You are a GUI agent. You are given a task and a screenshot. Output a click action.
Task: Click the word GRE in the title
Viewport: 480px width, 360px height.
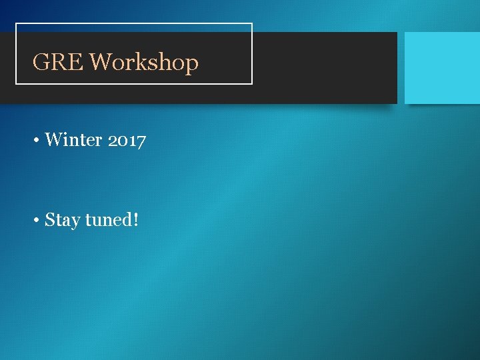point(58,62)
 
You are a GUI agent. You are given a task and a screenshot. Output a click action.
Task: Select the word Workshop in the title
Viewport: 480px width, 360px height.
point(144,62)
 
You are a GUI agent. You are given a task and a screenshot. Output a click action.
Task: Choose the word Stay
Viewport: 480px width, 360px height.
point(62,220)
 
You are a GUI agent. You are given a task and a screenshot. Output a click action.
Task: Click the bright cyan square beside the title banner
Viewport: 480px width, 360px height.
point(442,67)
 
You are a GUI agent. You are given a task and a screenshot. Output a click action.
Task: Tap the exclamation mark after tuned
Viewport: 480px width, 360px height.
point(136,219)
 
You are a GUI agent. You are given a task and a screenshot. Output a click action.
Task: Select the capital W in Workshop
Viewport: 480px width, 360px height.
point(99,62)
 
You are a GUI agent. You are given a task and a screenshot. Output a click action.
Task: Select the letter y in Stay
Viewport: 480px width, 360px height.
point(75,222)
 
